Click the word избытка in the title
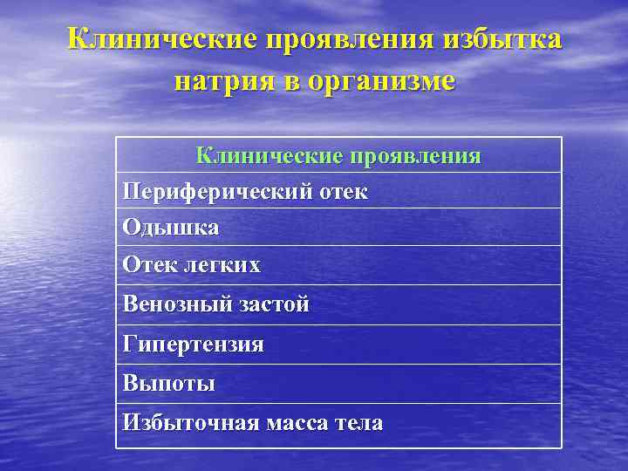(x=503, y=40)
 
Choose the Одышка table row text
(x=171, y=228)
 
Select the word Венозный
(x=178, y=304)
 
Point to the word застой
(x=274, y=304)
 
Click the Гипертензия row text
(x=194, y=345)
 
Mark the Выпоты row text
(x=169, y=383)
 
